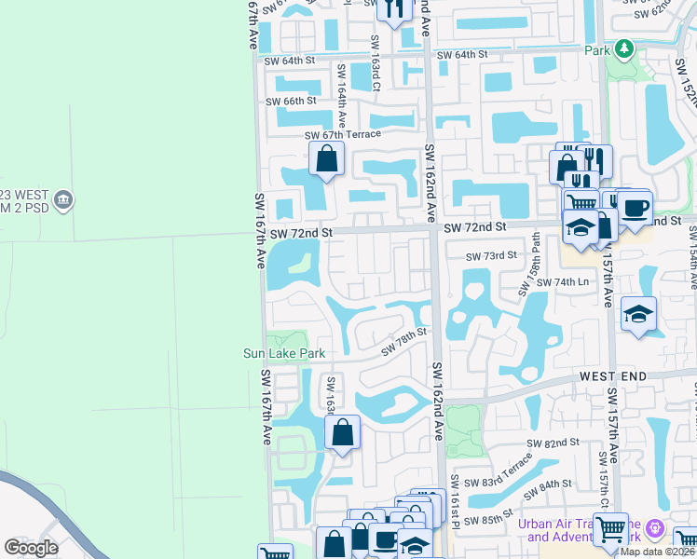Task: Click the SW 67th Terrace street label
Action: (x=343, y=135)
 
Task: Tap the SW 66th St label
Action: (x=291, y=101)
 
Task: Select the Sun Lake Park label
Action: (x=284, y=353)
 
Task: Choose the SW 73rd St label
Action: (x=491, y=255)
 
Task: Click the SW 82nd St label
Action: (x=555, y=443)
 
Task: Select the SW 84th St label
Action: (x=547, y=485)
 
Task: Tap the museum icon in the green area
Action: (x=63, y=199)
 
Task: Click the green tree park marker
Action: (x=623, y=48)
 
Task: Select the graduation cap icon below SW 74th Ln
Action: (x=638, y=315)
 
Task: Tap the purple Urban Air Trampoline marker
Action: (x=655, y=527)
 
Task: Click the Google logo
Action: (x=31, y=548)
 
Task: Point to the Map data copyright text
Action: (x=657, y=552)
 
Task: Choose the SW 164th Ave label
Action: (x=342, y=85)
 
